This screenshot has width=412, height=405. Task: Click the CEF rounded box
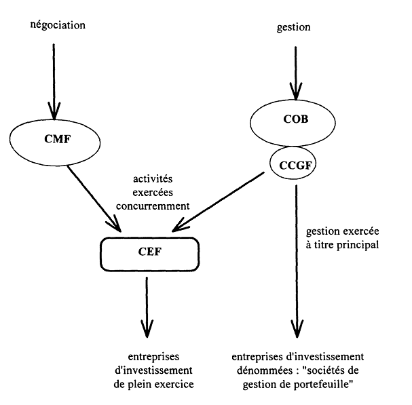[x=147, y=253]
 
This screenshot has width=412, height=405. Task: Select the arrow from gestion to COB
[x=295, y=71]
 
